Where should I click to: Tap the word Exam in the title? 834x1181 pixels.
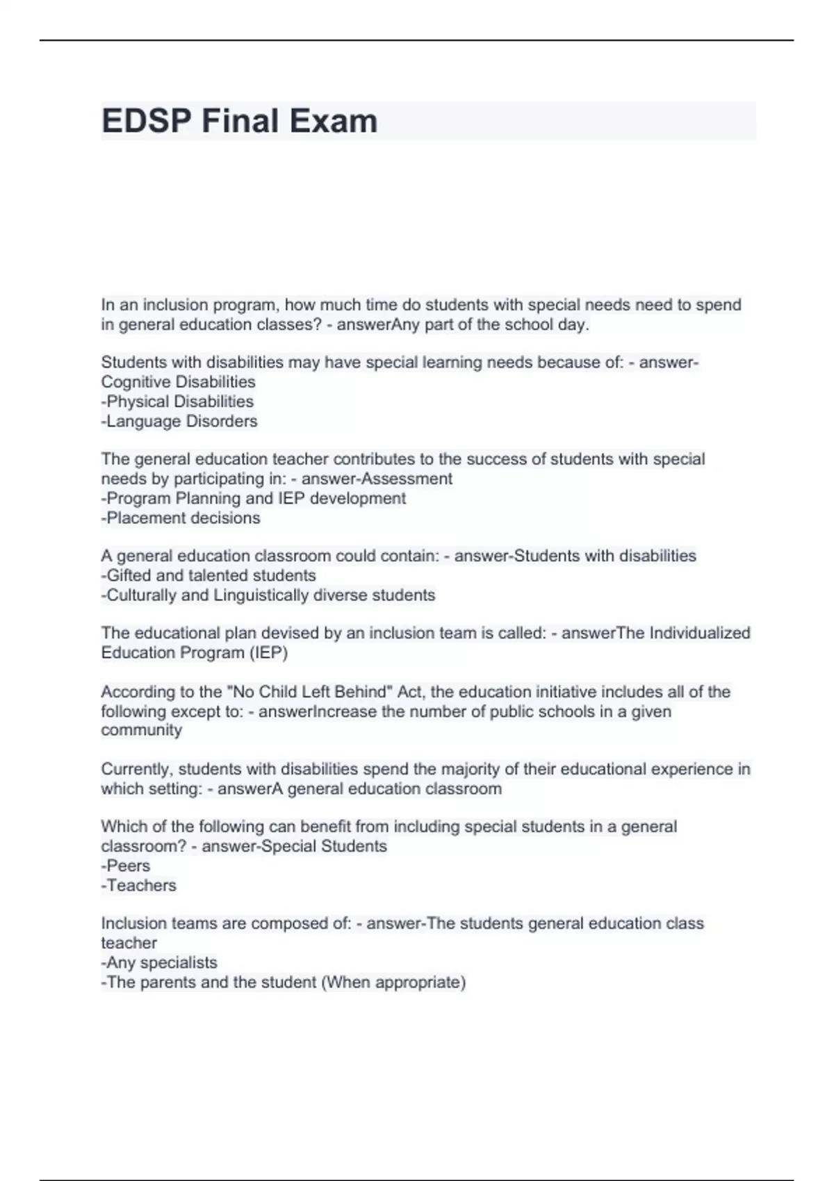[334, 121]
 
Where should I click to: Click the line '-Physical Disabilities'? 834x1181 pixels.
[177, 402]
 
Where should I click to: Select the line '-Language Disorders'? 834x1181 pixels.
[179, 421]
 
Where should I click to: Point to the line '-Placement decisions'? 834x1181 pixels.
[181, 518]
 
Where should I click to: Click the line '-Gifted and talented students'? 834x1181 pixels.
[208, 575]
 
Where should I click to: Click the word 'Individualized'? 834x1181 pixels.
[699, 633]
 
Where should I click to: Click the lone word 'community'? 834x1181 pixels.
[141, 729]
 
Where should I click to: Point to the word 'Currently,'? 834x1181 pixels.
[136, 769]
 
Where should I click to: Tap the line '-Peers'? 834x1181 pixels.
[126, 866]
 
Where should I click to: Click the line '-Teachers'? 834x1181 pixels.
[139, 885]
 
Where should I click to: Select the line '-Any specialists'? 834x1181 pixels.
[159, 962]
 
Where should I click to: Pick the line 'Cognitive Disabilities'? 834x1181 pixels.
[178, 382]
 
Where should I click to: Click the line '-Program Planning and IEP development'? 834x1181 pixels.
[254, 498]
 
